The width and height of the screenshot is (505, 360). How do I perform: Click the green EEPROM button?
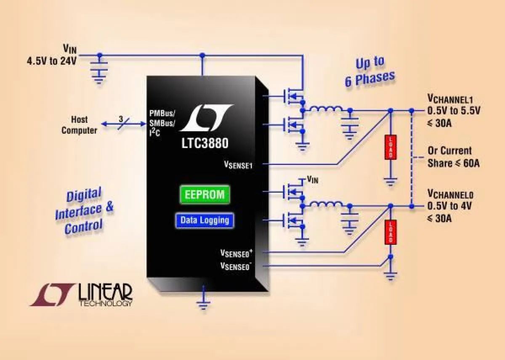pyautogui.click(x=205, y=195)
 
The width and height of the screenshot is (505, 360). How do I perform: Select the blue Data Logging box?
pyautogui.click(x=205, y=220)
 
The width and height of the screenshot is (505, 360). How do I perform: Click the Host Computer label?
pyautogui.click(x=79, y=125)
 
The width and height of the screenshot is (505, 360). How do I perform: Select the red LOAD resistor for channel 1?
pyautogui.click(x=391, y=147)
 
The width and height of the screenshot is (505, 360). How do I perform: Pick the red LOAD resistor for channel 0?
pyautogui.click(x=391, y=232)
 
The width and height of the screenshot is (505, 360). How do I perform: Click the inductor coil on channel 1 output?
pyautogui.click(x=327, y=110)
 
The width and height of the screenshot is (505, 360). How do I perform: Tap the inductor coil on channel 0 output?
pyautogui.click(x=327, y=205)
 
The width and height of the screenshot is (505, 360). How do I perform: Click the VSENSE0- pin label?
pyautogui.click(x=236, y=265)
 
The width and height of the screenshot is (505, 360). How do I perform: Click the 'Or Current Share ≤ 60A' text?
pyautogui.click(x=453, y=157)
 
